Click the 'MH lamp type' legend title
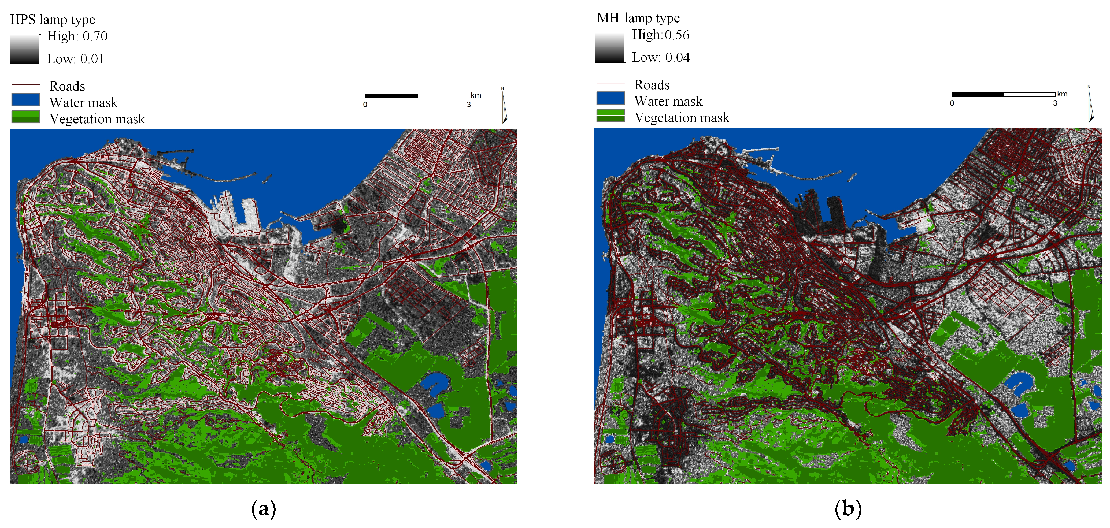pyautogui.click(x=638, y=18)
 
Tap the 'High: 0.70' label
pyautogui.click(x=77, y=36)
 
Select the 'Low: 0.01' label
pyautogui.click(x=75, y=59)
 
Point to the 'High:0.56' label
pyautogui.click(x=661, y=35)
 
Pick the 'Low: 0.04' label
pyautogui.click(x=661, y=58)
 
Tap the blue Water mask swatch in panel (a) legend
pyautogui.click(x=25, y=100)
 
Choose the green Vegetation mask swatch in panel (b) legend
pyautogui.click(x=610, y=116)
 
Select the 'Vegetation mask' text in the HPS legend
pyautogui.click(x=97, y=119)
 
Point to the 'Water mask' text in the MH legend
pyautogui.click(x=668, y=101)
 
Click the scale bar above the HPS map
pyautogui.click(x=417, y=96)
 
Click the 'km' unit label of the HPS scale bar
pyautogui.click(x=476, y=95)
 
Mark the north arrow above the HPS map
pyautogui.click(x=504, y=107)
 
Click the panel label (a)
pyautogui.click(x=263, y=509)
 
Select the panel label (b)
pyautogui.click(x=848, y=509)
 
